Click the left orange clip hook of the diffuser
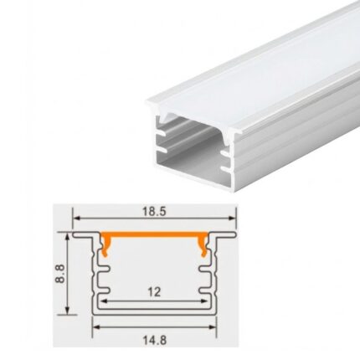(106, 244)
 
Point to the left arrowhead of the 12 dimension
(106, 301)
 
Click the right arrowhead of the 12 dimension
(203, 301)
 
